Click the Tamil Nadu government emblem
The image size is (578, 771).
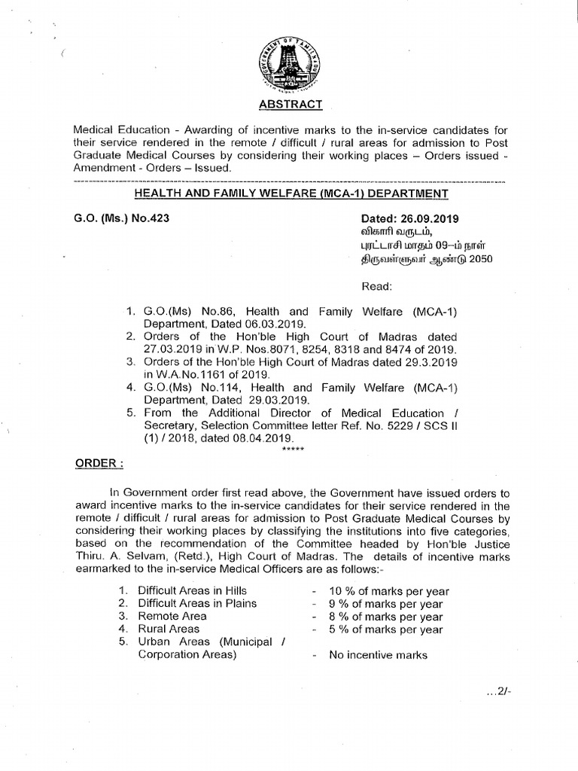tap(289, 65)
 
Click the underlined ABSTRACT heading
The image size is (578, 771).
tap(289, 104)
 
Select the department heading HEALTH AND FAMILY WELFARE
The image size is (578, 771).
tap(291, 194)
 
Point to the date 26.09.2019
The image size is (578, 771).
tap(430, 219)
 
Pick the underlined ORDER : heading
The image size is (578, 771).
tap(98, 462)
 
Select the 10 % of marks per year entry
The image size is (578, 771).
tap(386, 591)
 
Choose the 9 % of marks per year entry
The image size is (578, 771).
tap(386, 604)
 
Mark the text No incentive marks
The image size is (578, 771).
tap(378, 655)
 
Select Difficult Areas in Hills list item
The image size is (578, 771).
tap(192, 590)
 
